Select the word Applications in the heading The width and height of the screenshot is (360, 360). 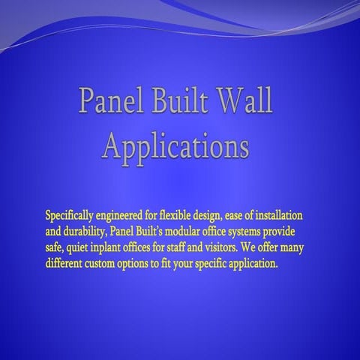coord(175,145)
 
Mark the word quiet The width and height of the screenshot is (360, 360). coord(84,241)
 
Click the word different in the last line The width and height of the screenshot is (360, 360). coord(66,253)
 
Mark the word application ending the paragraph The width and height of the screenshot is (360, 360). coord(251,253)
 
